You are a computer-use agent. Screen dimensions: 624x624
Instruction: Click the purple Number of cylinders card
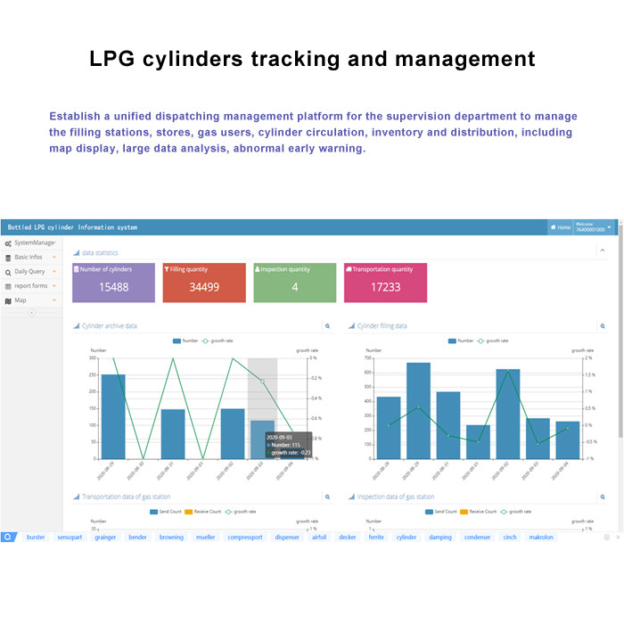tap(113, 283)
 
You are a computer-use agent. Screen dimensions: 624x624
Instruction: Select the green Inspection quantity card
tap(294, 283)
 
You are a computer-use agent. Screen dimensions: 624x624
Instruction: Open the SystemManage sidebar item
tap(31, 242)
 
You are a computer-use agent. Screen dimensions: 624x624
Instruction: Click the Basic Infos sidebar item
tap(29, 257)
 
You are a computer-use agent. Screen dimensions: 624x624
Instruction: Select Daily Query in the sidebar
tap(29, 272)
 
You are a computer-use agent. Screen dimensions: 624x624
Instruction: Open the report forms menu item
tap(30, 286)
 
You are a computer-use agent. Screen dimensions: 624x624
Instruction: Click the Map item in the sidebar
tap(21, 300)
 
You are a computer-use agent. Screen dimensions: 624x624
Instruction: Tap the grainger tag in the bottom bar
tap(105, 538)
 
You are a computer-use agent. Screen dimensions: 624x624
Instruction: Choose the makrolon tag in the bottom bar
tap(541, 538)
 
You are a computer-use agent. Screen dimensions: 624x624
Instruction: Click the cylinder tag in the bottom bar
tap(406, 538)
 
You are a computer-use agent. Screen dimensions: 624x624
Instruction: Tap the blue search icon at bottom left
tap(8, 538)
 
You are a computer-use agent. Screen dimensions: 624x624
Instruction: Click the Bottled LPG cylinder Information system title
tap(72, 227)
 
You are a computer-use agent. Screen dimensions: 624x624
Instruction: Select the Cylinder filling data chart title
tap(382, 326)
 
